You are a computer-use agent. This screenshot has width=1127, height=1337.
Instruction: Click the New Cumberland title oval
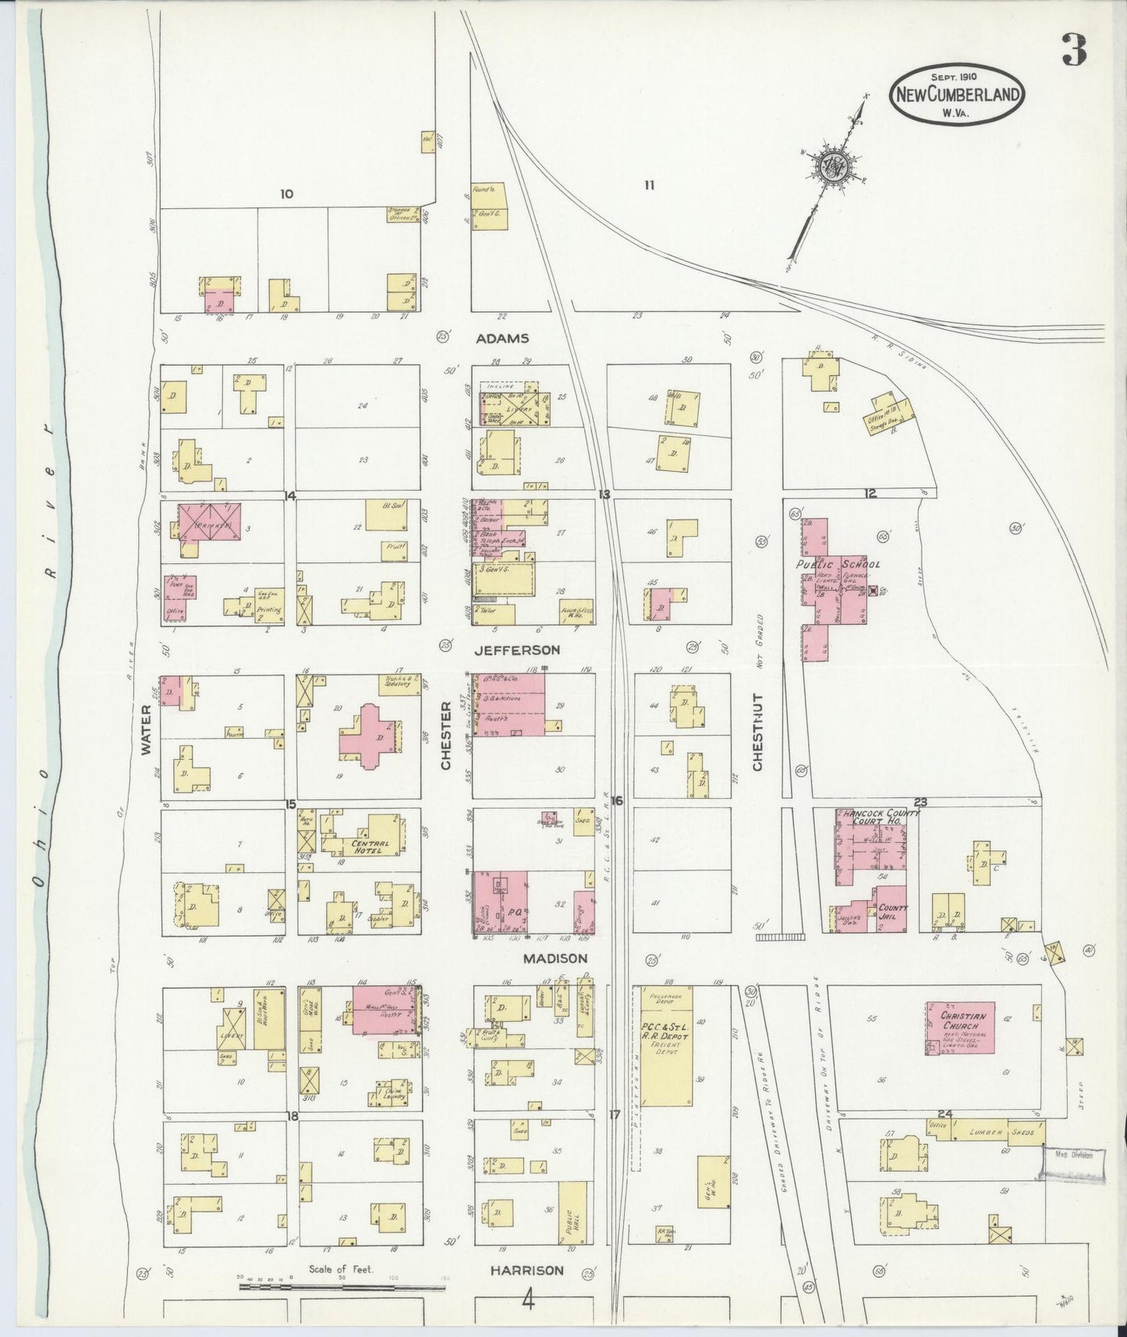[x=958, y=94]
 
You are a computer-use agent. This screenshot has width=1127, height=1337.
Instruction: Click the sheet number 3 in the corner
[x=1076, y=52]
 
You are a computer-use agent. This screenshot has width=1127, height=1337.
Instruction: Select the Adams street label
[x=504, y=339]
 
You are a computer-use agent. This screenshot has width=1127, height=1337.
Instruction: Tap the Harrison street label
[x=526, y=1270]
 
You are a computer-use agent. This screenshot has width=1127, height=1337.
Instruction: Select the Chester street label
[x=447, y=736]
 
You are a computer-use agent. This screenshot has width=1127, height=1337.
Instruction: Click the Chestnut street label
[x=758, y=733]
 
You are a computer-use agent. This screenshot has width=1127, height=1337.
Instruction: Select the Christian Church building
[x=960, y=1028]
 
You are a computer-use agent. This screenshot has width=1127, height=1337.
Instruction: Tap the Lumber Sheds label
[x=1000, y=1132]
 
